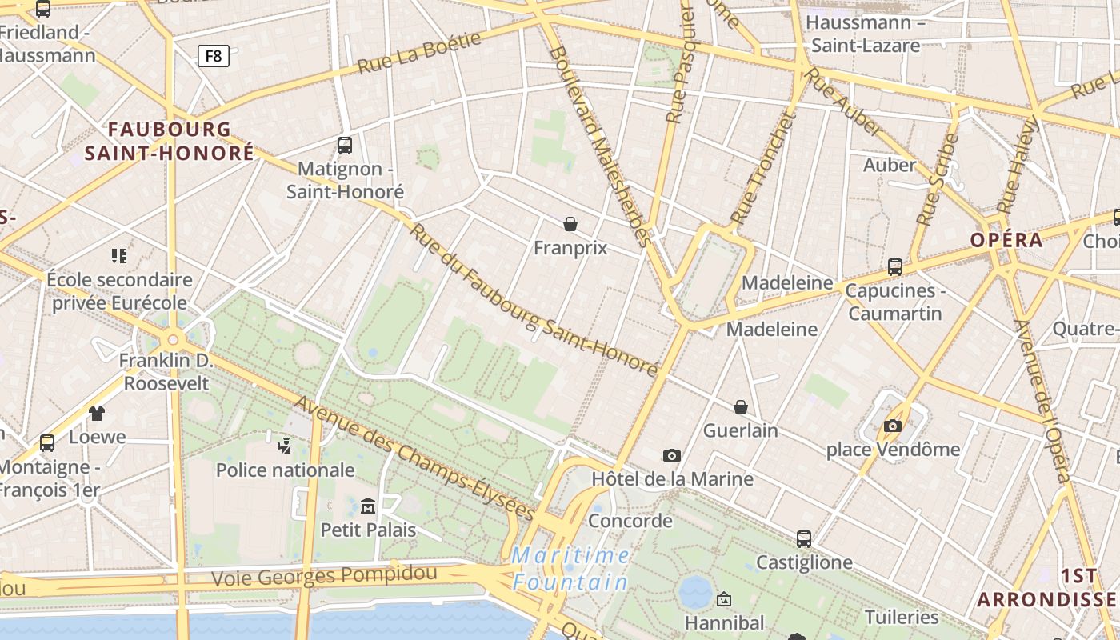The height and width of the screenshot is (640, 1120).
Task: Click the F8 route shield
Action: [214, 56]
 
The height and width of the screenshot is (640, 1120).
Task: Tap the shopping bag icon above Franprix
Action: [570, 224]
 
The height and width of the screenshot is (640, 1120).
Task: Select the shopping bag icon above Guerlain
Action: [741, 407]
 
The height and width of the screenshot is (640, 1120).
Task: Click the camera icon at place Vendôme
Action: [893, 426]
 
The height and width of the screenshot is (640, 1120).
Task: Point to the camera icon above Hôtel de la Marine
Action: [672, 455]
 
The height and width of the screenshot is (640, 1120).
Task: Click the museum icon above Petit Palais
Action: [368, 506]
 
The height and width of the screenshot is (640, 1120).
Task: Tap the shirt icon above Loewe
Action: [97, 414]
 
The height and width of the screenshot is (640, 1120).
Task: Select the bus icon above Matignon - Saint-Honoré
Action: [345, 146]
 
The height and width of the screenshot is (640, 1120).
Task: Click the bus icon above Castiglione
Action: [804, 538]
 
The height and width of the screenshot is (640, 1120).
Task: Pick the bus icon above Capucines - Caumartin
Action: [895, 266]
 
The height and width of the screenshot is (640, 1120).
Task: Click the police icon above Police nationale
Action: [285, 446]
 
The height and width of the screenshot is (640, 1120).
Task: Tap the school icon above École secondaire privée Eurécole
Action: [119, 256]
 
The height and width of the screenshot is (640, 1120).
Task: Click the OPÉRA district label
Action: [1006, 240]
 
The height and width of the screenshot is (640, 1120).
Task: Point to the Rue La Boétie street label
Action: [419, 53]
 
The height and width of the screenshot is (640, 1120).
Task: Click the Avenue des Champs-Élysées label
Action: [414, 458]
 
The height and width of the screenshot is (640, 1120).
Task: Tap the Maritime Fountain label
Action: [570, 568]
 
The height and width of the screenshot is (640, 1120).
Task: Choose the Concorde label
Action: [630, 521]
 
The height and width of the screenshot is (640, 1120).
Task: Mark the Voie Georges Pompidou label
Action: [324, 575]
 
